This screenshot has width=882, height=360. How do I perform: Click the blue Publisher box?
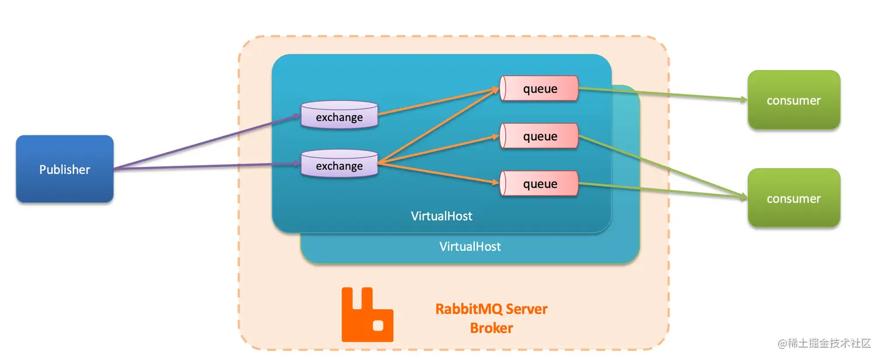point(64,169)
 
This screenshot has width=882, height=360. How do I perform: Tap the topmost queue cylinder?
point(539,89)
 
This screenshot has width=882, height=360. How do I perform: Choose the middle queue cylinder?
point(539,137)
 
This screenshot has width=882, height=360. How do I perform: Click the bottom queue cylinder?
point(539,184)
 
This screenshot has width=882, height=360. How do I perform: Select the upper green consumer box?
point(793,100)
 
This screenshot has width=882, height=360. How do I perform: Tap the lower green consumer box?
point(793,198)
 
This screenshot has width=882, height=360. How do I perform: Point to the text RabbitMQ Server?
point(491,309)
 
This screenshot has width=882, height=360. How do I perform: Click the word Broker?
point(491,328)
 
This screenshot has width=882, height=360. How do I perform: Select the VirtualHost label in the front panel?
point(442,216)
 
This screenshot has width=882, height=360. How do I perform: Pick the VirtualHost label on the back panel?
point(470,246)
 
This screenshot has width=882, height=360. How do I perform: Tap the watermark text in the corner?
point(824,343)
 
